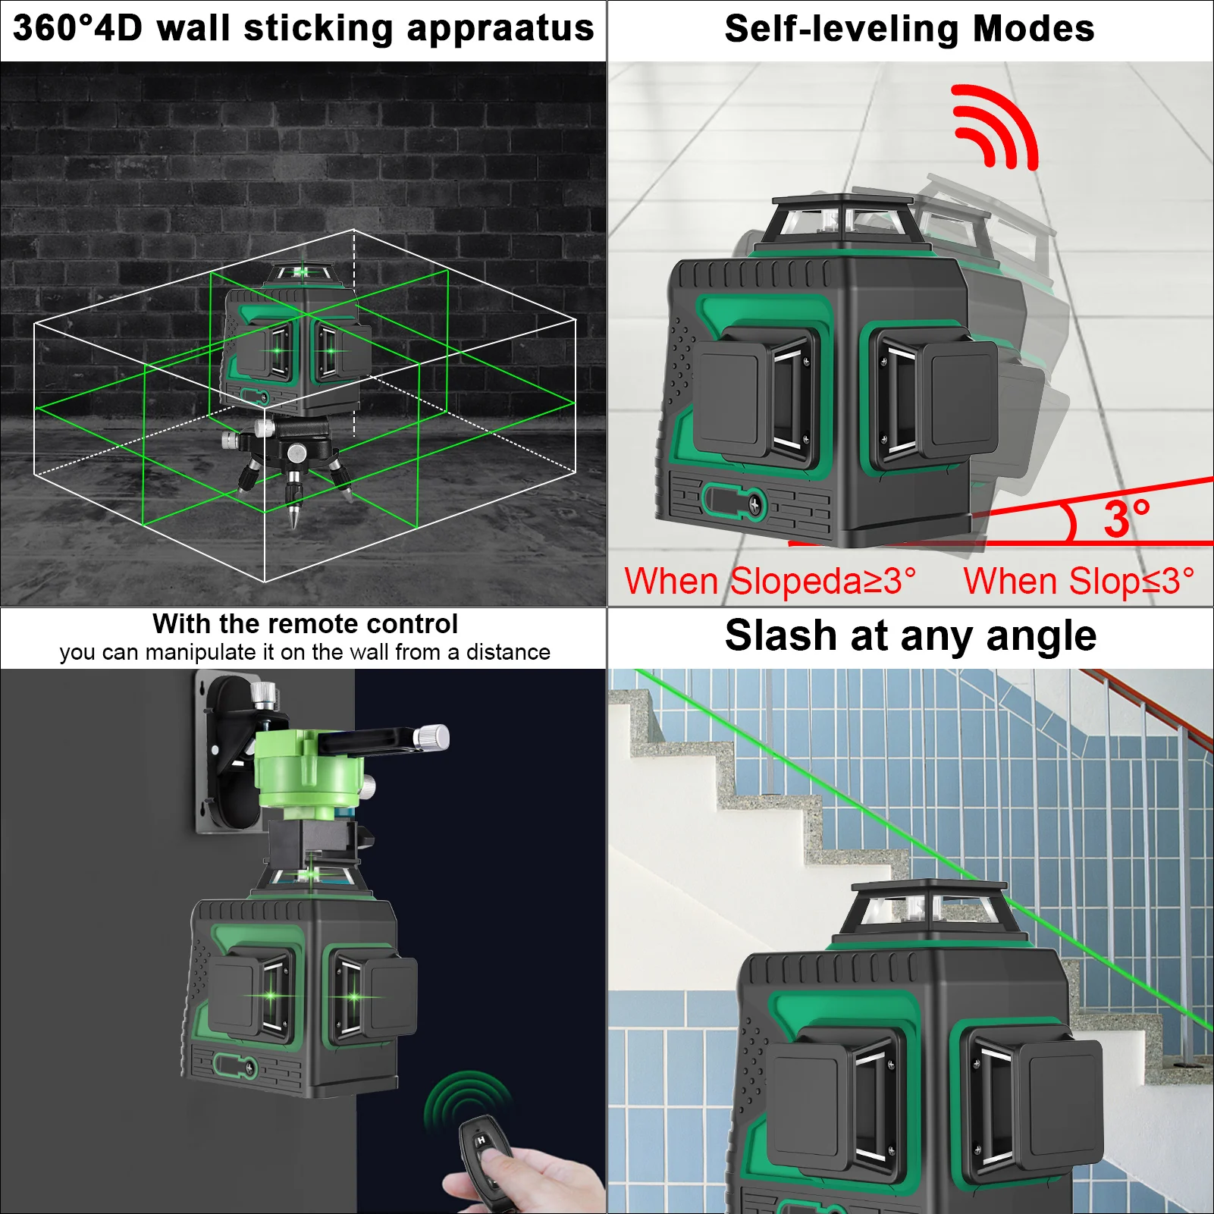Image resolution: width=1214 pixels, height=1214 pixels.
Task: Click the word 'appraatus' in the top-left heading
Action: point(500,30)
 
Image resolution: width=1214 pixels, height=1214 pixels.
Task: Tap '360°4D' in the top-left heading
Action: point(77,28)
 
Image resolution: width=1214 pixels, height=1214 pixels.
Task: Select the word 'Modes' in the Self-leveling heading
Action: point(1034,29)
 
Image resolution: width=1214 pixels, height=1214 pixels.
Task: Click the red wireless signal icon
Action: point(995,127)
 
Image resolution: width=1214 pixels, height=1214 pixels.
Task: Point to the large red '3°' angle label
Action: point(1128,519)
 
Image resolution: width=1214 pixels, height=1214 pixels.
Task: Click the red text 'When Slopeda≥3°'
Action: point(770,582)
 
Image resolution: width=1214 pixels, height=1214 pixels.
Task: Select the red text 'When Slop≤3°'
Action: point(1079,582)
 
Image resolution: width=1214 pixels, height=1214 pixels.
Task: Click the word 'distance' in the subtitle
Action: point(508,652)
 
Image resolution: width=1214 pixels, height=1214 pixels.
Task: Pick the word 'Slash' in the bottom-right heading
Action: point(782,635)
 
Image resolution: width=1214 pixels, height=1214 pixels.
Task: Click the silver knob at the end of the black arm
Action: point(433,737)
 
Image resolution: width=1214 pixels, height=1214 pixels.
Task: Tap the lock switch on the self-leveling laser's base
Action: point(734,502)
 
